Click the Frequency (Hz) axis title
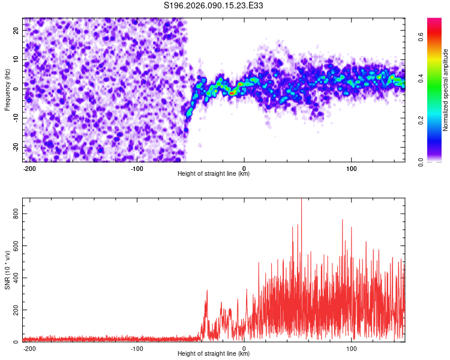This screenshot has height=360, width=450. tap(7, 90)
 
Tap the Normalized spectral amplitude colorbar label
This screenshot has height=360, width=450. tap(446, 90)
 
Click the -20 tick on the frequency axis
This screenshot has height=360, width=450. tap(15, 147)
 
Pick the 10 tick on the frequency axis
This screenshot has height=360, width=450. tap(16, 59)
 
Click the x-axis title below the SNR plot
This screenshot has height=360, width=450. tap(214, 354)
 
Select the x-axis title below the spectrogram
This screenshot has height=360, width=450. tap(214, 174)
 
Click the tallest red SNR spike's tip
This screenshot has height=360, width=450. tap(301, 199)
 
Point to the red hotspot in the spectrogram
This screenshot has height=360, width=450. tap(232, 93)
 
